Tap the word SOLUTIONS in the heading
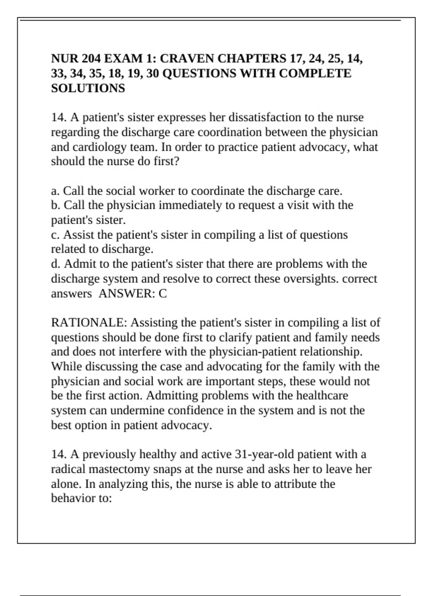point(88,88)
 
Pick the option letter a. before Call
point(55,191)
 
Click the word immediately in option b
point(191,205)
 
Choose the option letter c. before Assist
point(55,235)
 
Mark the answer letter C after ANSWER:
point(162,293)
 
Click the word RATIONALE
point(89,323)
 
